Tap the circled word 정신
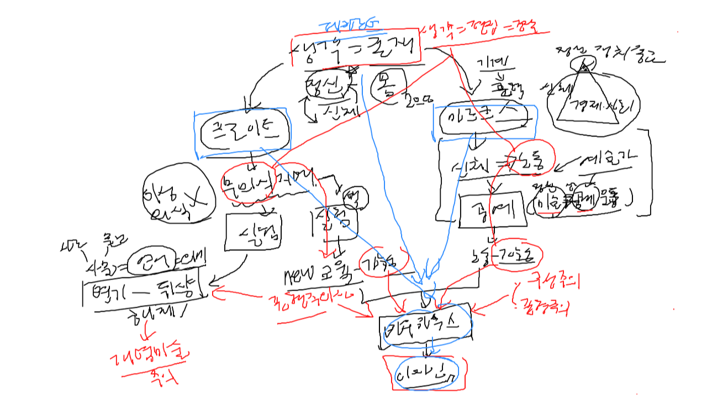coord(329,84)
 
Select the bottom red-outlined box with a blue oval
coord(425,374)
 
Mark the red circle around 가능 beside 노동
coord(520,255)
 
